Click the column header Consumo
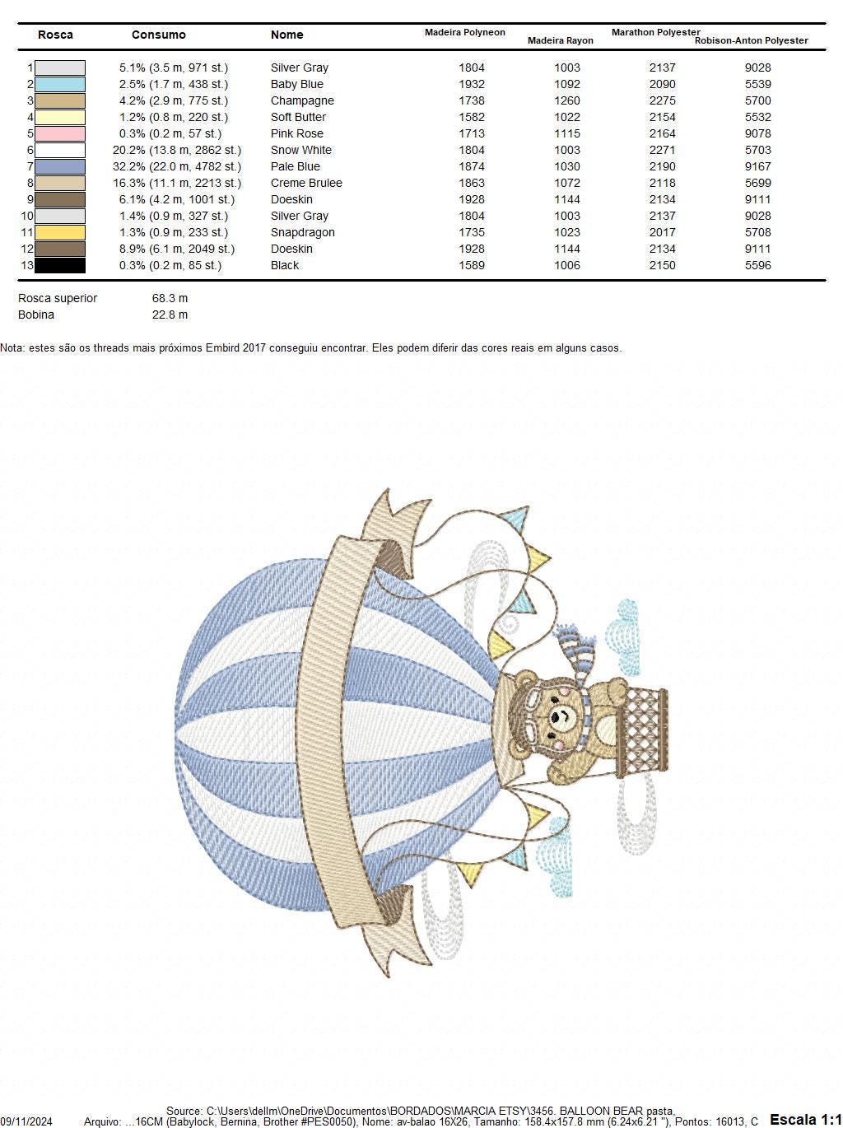158,35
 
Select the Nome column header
286,35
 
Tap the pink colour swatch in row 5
59,133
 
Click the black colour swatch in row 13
59,265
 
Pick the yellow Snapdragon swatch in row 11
59,232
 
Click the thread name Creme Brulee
306,183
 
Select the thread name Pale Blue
295,166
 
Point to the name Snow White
300,150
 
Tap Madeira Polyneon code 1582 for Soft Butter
472,117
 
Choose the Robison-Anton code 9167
757,166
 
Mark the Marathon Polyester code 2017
662,232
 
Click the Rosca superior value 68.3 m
170,298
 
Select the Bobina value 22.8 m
170,315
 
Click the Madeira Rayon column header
560,40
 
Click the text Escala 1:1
805,1119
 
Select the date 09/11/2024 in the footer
26,1121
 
